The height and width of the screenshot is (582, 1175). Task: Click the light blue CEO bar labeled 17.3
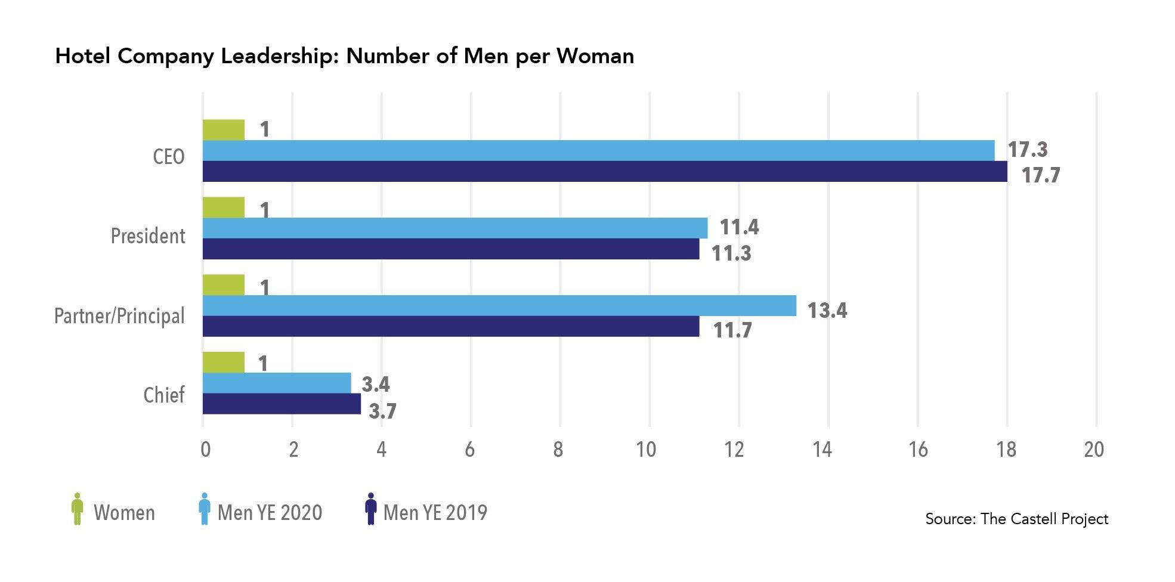(598, 150)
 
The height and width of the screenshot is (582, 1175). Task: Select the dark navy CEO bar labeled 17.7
(605, 171)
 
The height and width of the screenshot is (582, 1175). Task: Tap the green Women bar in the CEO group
(224, 130)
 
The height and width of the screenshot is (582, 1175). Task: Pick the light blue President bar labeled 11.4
(455, 228)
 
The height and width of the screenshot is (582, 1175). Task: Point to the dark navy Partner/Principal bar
(451, 326)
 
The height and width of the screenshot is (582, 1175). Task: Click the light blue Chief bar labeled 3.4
(277, 383)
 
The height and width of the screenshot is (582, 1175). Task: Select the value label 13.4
(827, 311)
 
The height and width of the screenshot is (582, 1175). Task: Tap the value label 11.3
(731, 253)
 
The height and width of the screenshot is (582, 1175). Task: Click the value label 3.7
(382, 411)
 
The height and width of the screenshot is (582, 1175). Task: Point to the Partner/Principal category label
(119, 315)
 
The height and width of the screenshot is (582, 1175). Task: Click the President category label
(148, 236)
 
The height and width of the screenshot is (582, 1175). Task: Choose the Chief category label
(164, 395)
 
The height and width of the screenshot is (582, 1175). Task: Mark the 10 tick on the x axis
(646, 450)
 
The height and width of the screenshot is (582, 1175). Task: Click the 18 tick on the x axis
(1006, 450)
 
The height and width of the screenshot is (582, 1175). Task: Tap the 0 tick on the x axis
(205, 450)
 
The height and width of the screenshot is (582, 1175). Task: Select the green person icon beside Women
(77, 509)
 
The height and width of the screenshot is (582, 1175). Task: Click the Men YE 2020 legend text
(270, 513)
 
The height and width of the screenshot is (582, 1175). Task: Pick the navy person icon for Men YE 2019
(370, 509)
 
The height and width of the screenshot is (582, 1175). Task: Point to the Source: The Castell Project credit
(1016, 519)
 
